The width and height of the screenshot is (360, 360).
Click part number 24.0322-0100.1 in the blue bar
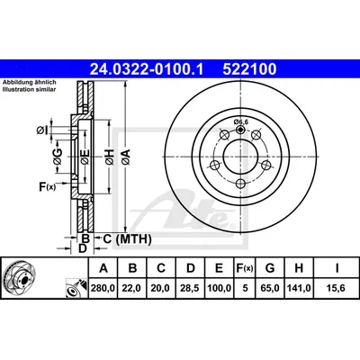[147, 69]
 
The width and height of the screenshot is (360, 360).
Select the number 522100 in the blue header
[249, 69]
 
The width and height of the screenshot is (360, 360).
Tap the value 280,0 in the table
[103, 288]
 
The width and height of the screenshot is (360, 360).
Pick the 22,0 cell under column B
[132, 288]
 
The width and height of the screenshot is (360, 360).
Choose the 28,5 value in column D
[191, 288]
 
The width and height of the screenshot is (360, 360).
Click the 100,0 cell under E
[220, 288]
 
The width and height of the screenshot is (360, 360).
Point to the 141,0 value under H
[299, 288]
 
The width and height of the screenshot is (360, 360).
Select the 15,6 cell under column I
[337, 288]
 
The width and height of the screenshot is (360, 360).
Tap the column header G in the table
[270, 268]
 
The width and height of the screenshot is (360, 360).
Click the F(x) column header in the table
[245, 268]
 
